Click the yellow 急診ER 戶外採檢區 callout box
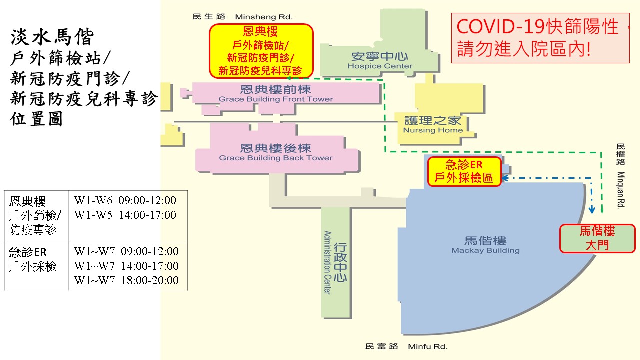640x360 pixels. tap(464, 171)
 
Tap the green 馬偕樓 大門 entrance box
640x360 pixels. tap(597, 239)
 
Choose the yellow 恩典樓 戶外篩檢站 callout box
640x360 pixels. tap(261, 51)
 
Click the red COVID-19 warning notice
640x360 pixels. tap(540, 38)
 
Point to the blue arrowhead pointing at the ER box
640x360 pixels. tap(505, 178)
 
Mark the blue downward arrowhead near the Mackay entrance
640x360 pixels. tap(592, 210)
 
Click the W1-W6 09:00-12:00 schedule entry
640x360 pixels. tap(125, 200)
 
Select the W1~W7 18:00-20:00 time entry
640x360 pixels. tap(126, 280)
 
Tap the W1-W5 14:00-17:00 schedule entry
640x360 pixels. tap(125, 215)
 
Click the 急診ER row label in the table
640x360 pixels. tap(28, 252)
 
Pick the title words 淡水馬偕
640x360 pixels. tap(52, 37)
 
